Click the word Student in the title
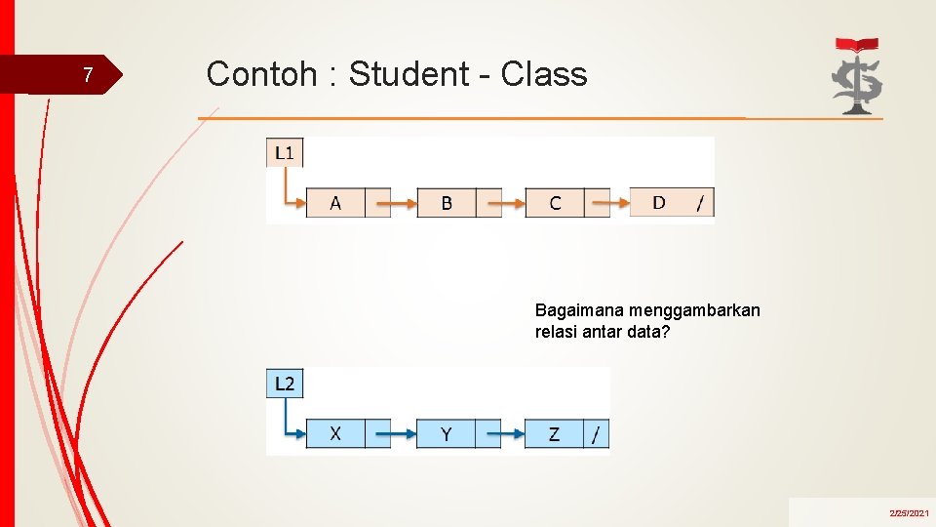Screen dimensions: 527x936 409,74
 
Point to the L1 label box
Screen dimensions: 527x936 286,152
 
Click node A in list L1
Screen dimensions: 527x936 335,203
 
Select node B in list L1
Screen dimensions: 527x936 447,203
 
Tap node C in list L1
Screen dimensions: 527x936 555,203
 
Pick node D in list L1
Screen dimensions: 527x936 659,202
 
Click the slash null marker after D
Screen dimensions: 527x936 700,203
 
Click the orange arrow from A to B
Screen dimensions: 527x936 396,204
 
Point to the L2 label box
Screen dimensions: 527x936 285,384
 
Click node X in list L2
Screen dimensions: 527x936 335,433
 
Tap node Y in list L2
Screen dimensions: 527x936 446,433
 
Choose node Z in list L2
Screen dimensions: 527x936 554,433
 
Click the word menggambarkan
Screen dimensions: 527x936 694,310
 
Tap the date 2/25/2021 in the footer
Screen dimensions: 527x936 909,512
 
